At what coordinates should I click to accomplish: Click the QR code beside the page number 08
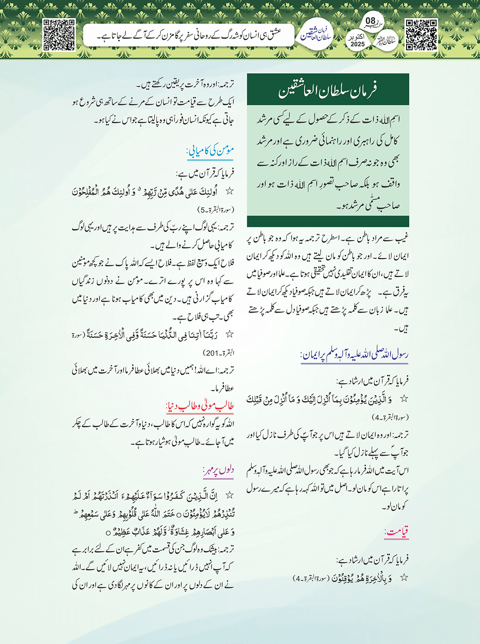pos(421,35)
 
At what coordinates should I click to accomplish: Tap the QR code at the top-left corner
pos(59,35)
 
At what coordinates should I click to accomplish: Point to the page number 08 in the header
pos(371,21)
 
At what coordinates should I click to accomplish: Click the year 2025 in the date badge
pos(357,44)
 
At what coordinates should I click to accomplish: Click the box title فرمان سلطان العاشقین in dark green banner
pos(327,89)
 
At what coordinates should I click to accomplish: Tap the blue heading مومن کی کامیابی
pos(210,151)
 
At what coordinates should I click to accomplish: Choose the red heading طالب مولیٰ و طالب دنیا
pos(200,405)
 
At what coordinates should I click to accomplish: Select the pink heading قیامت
pos(396,532)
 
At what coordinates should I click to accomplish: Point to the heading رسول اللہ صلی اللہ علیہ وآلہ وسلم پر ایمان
pos(355,355)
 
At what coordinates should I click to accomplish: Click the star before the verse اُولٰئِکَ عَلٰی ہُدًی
pos(229,191)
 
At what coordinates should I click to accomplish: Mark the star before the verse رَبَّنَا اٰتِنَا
pos(229,334)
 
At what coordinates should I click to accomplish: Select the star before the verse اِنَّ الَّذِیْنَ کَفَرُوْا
pos(229,495)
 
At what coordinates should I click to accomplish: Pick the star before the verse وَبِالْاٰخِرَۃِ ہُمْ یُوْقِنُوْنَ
pos(404,578)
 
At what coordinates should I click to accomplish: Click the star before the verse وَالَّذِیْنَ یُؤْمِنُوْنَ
pos(404,399)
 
